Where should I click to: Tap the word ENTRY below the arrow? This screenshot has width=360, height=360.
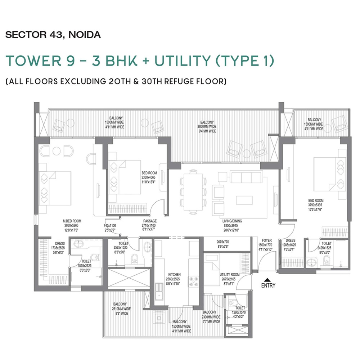tap(268, 285)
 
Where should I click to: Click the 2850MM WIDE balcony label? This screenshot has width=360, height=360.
tap(207, 127)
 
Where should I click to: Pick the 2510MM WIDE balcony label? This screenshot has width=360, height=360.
tap(121, 309)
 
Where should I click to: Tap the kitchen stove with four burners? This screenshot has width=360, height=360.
tap(195, 282)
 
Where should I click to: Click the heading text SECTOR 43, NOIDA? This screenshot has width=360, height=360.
tap(53, 35)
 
